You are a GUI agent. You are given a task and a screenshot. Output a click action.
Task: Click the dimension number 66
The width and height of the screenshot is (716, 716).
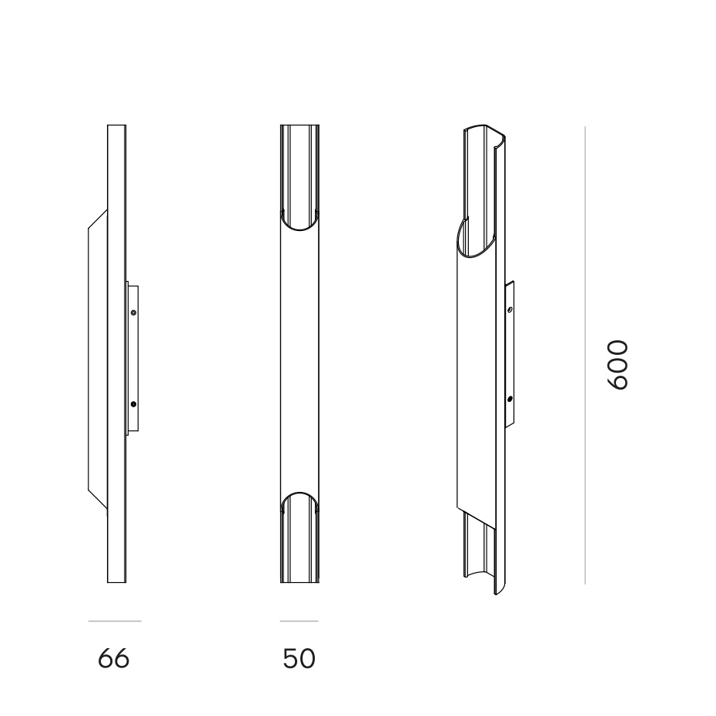tap(114, 659)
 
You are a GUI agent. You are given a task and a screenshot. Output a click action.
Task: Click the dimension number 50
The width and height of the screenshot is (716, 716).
tap(299, 659)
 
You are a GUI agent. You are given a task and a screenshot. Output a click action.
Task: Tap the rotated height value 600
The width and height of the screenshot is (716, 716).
tap(618, 364)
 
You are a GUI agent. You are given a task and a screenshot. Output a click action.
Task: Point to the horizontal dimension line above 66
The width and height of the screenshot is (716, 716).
tap(115, 621)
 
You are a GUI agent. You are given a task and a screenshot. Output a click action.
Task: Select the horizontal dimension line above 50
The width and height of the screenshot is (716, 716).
tap(299, 621)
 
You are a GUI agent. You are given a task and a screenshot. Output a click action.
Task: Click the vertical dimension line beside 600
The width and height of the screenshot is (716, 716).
tap(585, 354)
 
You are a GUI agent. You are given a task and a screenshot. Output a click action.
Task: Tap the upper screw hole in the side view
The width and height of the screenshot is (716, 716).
tap(133, 313)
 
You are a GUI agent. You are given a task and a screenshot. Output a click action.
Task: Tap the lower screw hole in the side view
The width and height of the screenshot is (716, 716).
tap(133, 403)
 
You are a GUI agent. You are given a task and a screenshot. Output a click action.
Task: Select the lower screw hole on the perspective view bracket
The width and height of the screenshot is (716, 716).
tap(510, 399)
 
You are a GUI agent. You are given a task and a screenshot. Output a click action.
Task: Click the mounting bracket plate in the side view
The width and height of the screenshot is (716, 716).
tap(132, 358)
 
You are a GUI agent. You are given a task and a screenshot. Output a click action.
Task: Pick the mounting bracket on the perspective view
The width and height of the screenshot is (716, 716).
tap(510, 354)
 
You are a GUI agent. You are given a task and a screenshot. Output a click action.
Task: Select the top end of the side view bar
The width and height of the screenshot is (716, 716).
tap(116, 128)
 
